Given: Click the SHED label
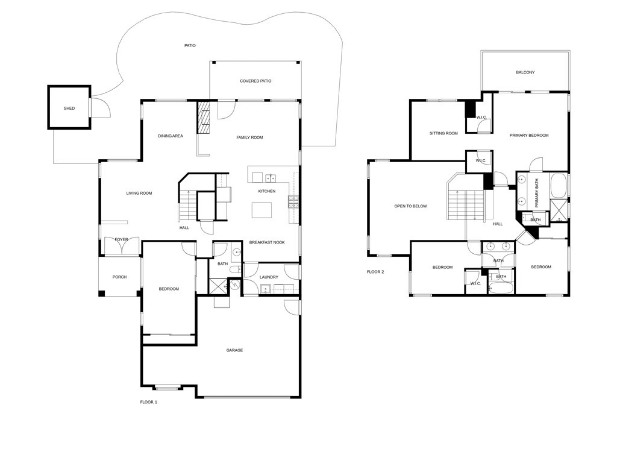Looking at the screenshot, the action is click(x=69, y=109).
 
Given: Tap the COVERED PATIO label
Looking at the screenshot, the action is click(x=255, y=81).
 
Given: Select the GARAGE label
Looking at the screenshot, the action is click(x=234, y=350).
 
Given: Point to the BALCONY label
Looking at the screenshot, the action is click(x=525, y=72).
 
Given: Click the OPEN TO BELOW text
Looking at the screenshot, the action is click(x=410, y=206).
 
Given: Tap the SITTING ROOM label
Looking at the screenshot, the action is click(x=443, y=133).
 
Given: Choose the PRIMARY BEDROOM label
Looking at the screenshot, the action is click(x=529, y=136).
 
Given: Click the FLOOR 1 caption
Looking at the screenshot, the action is click(x=149, y=402).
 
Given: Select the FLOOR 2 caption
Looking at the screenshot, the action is click(x=375, y=272).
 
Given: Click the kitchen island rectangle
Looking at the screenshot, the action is click(x=262, y=210).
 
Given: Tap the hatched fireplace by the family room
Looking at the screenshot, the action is click(x=204, y=118).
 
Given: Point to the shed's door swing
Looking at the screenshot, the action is click(x=100, y=107).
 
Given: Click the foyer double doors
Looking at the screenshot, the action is click(x=122, y=246).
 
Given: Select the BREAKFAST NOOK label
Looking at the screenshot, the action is click(x=267, y=242).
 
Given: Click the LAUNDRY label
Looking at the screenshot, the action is click(x=269, y=277).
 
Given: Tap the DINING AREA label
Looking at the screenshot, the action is click(x=171, y=136).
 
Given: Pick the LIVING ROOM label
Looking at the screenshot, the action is click(x=139, y=194).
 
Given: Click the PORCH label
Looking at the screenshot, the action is click(x=120, y=277).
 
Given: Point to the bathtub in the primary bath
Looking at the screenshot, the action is click(x=559, y=186).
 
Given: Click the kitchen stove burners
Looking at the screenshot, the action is click(x=293, y=202).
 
